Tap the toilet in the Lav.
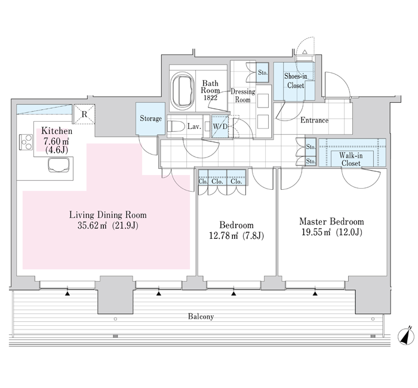pyautogui.click(x=176, y=126)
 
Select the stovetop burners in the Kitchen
pyautogui.click(x=26, y=142)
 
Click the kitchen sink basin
pyautogui.click(x=59, y=165)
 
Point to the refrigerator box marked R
pyautogui.click(x=84, y=114)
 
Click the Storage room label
pyautogui.click(x=150, y=118)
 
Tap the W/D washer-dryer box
pyautogui.click(x=220, y=127)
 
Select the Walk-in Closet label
pyautogui.click(x=351, y=159)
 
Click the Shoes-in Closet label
pyautogui.click(x=296, y=81)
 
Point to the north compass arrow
pyautogui.click(x=406, y=336)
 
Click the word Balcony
pyautogui.click(x=201, y=316)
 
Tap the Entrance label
pyautogui.click(x=314, y=120)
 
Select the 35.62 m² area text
pyautogui.click(x=92, y=226)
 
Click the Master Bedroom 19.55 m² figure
pyautogui.click(x=316, y=232)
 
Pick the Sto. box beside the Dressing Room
pyautogui.click(x=263, y=72)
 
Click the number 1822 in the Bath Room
pyautogui.click(x=210, y=98)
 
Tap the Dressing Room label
pyautogui.click(x=243, y=96)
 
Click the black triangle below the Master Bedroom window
pyautogui.click(x=315, y=294)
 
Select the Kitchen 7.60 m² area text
pyautogui.click(x=56, y=141)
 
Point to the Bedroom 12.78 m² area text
pyautogui.click(x=223, y=236)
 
